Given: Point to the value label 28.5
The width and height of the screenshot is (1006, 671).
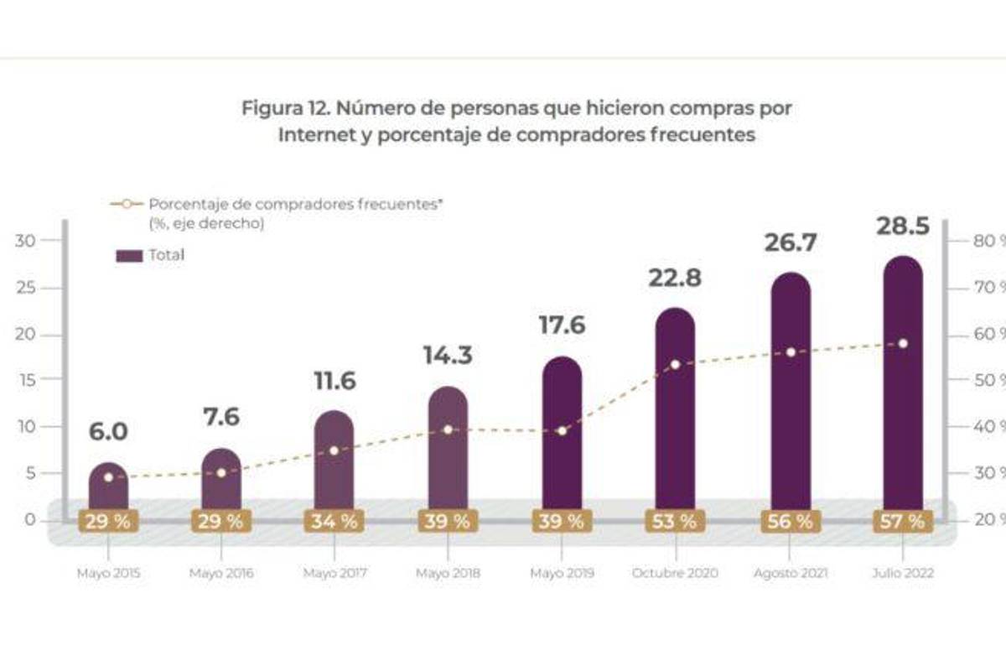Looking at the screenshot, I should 902,226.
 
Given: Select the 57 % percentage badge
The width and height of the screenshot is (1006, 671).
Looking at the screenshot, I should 902,521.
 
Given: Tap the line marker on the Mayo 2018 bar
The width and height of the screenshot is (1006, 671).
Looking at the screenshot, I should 448,429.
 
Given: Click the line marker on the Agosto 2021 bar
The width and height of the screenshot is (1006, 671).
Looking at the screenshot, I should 789,352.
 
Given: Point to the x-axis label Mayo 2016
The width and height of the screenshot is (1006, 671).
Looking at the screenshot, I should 221,575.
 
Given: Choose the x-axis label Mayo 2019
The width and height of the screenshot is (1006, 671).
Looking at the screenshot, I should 562,575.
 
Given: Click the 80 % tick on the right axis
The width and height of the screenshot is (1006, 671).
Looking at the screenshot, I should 977,242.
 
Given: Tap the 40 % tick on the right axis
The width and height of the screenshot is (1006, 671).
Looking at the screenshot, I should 977,427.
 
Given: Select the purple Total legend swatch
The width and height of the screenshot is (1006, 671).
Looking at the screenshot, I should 129,256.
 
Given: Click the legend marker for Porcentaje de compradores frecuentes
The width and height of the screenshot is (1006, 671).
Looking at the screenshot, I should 126,204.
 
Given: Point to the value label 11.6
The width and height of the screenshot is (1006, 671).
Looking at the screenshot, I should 334,380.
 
